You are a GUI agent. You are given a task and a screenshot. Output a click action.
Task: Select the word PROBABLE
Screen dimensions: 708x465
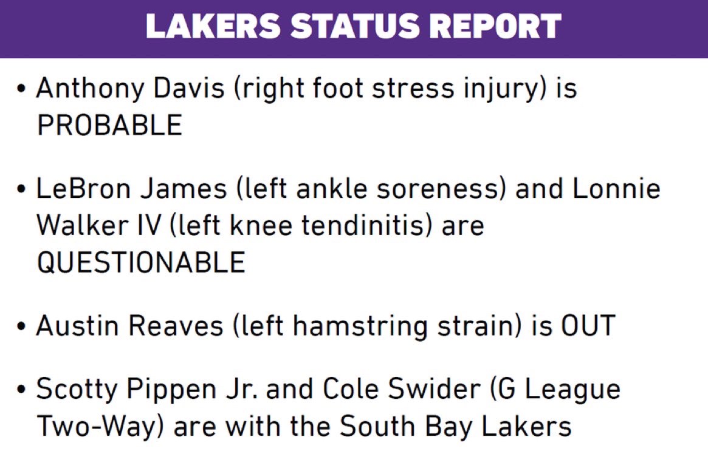110,125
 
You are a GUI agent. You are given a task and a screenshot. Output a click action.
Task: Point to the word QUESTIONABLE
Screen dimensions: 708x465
142,262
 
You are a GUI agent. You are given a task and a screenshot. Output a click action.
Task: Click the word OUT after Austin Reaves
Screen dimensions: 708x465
588,325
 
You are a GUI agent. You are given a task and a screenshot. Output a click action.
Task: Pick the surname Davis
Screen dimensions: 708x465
189,87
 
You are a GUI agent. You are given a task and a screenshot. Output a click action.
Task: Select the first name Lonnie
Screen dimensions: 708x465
616,188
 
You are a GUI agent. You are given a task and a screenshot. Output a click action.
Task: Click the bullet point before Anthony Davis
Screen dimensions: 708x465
21,89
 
